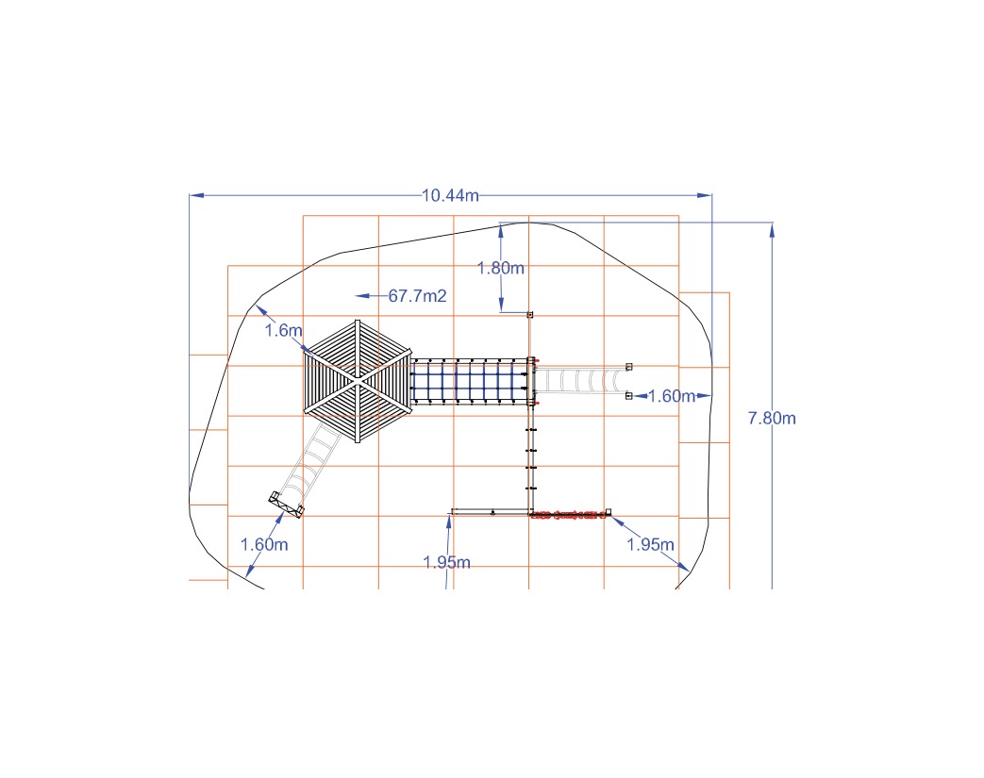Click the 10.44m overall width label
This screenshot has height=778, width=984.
click(x=450, y=196)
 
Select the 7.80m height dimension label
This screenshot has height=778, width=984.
click(x=772, y=418)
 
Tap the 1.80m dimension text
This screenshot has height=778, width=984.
click(x=501, y=268)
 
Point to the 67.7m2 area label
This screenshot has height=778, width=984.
click(x=417, y=295)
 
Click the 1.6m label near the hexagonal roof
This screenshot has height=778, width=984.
click(x=283, y=330)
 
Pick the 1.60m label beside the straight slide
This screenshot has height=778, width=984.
click(x=672, y=396)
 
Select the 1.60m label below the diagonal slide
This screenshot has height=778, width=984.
click(x=264, y=544)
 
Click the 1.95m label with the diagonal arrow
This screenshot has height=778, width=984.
click(x=651, y=544)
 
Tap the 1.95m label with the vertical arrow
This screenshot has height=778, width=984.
click(x=447, y=562)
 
